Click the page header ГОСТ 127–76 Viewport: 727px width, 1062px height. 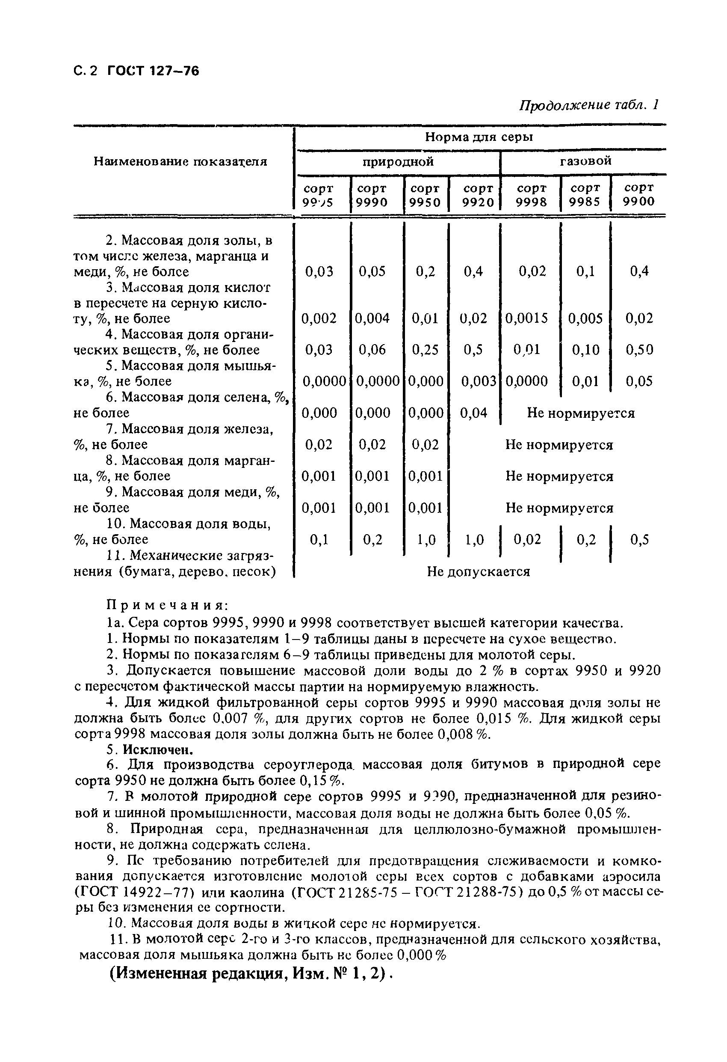[153, 71]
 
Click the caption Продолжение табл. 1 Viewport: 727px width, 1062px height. [588, 105]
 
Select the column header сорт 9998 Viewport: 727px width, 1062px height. [531, 195]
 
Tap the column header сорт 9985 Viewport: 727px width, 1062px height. [585, 195]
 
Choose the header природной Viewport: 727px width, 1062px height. [398, 162]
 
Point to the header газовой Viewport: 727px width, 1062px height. [585, 161]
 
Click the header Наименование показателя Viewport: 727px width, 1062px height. [180, 161]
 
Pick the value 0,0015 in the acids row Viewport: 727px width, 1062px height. [526, 318]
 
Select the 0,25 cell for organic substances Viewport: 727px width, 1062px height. [425, 350]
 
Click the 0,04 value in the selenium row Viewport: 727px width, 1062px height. [473, 413]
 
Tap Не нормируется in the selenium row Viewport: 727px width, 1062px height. [580, 413]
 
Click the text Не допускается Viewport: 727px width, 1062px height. [478, 572]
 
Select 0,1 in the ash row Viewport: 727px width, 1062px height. [585, 271]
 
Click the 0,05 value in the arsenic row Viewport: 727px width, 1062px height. [639, 381]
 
